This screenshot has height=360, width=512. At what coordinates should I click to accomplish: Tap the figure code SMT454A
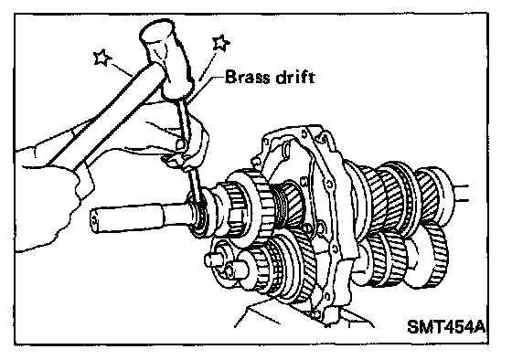446,326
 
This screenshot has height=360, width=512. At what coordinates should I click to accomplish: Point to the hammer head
166,58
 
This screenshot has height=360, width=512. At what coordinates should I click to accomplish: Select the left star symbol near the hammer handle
102,58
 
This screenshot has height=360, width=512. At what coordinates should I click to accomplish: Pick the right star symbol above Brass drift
220,42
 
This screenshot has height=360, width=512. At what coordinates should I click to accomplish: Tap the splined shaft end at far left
126,217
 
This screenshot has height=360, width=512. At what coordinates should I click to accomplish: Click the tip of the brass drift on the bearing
199,205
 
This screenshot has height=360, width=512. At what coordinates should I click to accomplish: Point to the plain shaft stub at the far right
461,193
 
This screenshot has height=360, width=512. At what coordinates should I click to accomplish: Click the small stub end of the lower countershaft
211,260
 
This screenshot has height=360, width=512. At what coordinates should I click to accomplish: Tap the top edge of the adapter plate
293,128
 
